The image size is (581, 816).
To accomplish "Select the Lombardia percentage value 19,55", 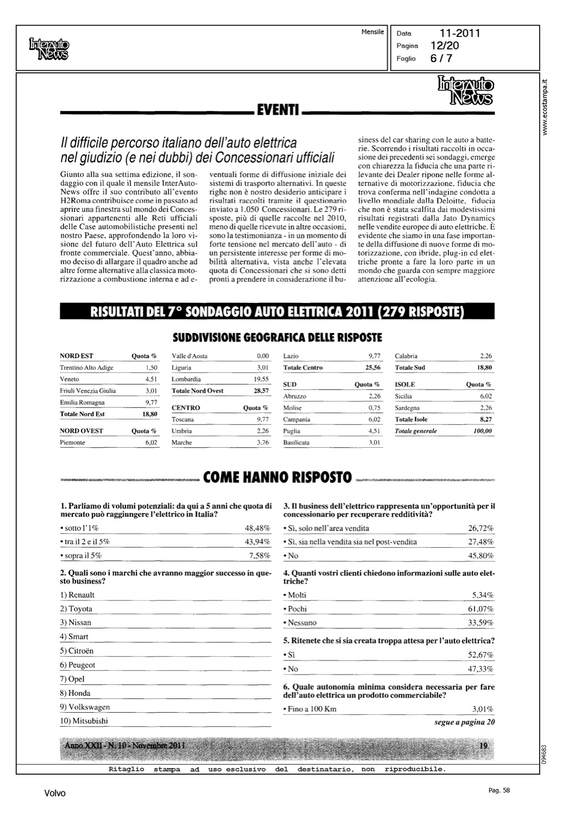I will point(262,379).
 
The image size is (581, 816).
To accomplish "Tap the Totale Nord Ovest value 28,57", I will point(261,391).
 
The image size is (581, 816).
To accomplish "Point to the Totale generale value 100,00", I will point(482,431).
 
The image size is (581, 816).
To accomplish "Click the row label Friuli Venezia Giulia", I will point(88,391).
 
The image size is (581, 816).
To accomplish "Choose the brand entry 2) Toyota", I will point(76,609).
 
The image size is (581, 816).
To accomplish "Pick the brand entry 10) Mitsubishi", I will point(84,721).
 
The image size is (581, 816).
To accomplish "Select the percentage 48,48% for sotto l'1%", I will point(258,528).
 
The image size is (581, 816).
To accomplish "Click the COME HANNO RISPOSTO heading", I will point(277,478).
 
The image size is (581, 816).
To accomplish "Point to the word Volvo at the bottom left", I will point(55,793).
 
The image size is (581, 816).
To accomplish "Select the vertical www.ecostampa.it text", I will point(546,108).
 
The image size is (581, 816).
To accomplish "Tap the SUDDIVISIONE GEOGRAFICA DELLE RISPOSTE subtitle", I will point(277,338).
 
